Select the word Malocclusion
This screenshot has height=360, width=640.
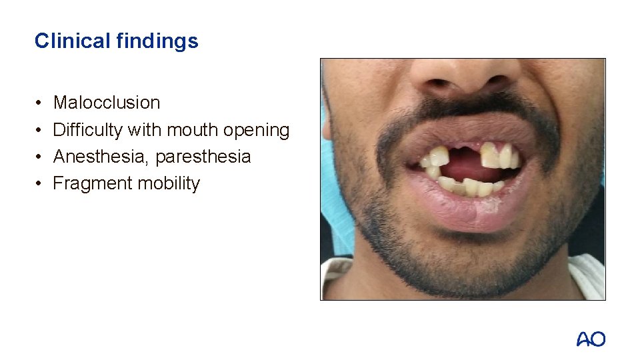(x=107, y=103)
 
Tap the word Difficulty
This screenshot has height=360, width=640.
(x=88, y=130)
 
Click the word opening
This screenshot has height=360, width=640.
(x=257, y=130)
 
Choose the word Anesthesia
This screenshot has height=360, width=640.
(x=102, y=157)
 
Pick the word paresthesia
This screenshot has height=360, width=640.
(x=204, y=157)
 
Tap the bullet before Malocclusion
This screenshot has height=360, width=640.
(x=39, y=103)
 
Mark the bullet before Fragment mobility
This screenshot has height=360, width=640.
(x=39, y=184)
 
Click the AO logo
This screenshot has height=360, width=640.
(x=591, y=339)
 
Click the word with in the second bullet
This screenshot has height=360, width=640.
(x=143, y=130)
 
